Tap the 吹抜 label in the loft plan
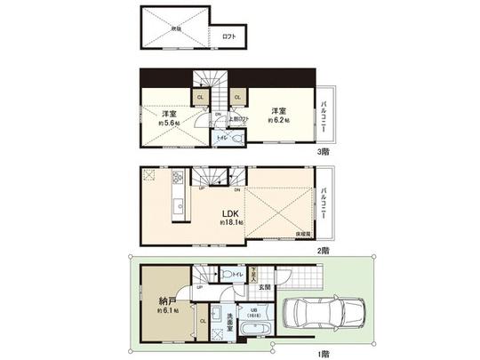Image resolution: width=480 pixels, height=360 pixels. coord(176,28)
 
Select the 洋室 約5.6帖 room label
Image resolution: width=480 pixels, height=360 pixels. coord(168,118)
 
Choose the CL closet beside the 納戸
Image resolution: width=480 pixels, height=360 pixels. coord(203,321)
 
